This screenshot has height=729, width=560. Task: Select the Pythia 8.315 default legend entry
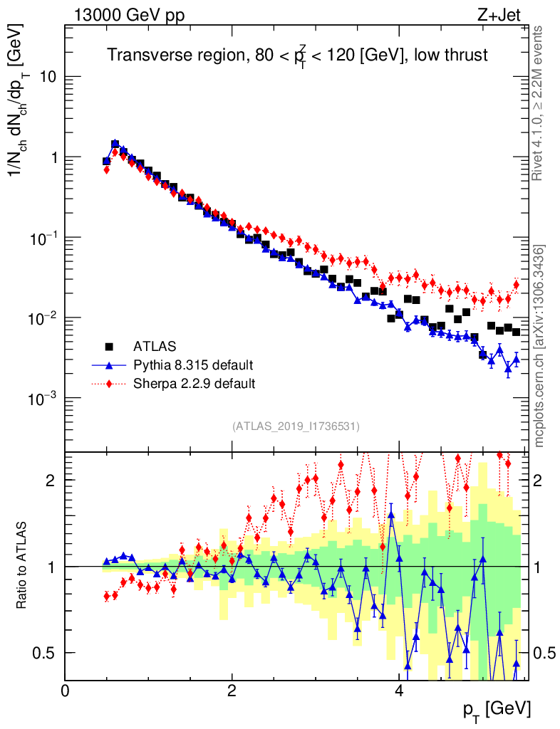[193, 365]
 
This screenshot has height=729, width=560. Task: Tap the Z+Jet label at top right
[502, 13]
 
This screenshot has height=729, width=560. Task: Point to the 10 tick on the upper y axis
[48, 77]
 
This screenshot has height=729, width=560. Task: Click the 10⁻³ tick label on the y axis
[41, 398]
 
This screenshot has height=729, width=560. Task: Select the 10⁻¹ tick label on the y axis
[41, 238]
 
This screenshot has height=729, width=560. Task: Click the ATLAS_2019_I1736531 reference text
[296, 426]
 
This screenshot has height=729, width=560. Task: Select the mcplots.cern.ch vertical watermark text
[540, 346]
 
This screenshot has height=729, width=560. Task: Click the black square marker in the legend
[109, 347]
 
